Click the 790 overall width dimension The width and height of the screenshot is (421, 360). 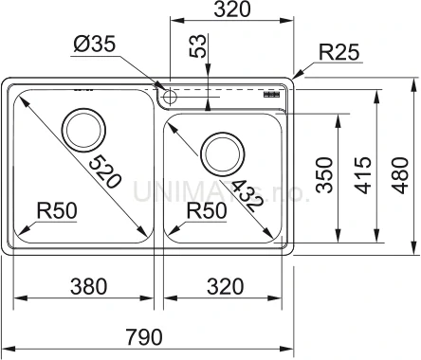click(x=144, y=336)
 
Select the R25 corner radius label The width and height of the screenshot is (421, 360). click(x=338, y=53)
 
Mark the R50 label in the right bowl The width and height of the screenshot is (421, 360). click(x=206, y=210)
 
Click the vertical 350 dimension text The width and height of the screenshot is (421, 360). click(x=323, y=174)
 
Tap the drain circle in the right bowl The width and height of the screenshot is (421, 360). click(x=222, y=151)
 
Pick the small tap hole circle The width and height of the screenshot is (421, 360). click(x=170, y=97)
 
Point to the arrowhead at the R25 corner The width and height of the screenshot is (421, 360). click(x=298, y=74)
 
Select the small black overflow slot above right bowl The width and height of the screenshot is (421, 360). click(x=271, y=95)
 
